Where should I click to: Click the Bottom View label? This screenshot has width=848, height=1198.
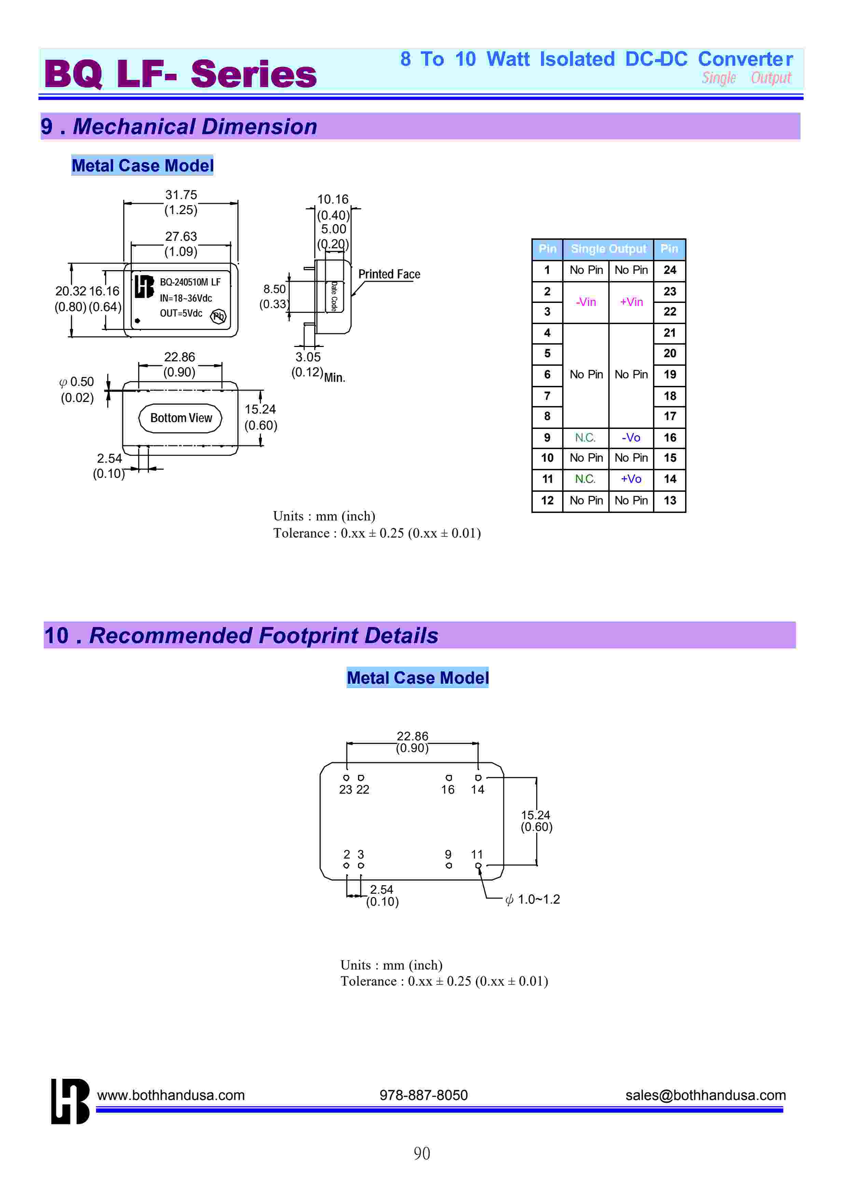(x=181, y=418)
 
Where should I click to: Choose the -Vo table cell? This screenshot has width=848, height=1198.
(x=631, y=437)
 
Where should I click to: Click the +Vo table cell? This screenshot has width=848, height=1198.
(x=631, y=479)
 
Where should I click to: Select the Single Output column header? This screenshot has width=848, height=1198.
(x=608, y=249)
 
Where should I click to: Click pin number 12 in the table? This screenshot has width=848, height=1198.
(x=547, y=501)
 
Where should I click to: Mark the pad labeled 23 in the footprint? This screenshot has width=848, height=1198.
(x=346, y=778)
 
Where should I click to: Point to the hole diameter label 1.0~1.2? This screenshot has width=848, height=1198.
(x=538, y=900)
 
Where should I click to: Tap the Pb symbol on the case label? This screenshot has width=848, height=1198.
(x=218, y=316)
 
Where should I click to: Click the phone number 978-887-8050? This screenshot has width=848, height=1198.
(x=423, y=1095)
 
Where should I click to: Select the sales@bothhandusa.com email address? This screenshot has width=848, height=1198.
(x=706, y=1095)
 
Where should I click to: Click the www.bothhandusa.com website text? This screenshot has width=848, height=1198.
(x=171, y=1095)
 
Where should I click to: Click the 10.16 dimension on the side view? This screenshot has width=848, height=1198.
(x=333, y=199)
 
